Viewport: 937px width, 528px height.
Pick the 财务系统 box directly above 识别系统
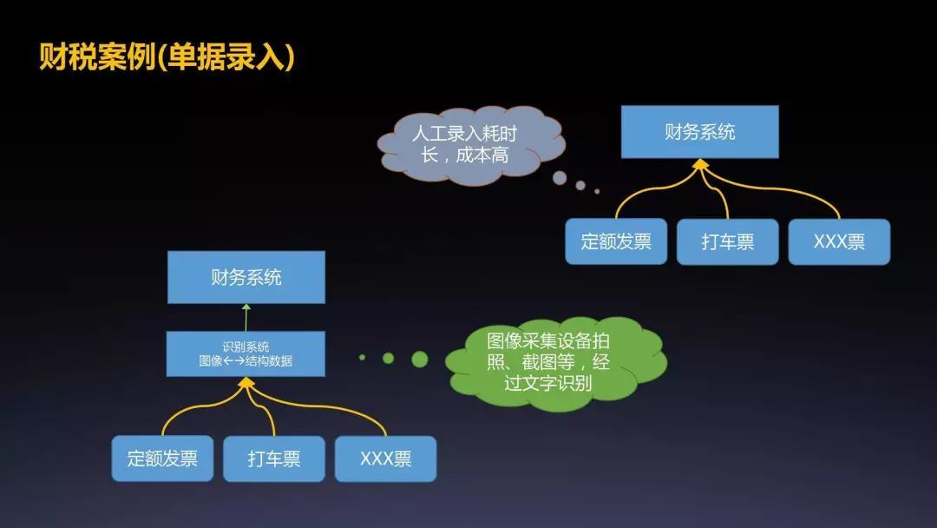pyautogui.click(x=246, y=278)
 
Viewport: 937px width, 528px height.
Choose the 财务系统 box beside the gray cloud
pyautogui.click(x=699, y=132)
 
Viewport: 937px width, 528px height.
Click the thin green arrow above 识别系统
pyautogui.click(x=246, y=317)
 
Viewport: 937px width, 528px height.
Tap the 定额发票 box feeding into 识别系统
pyautogui.click(x=162, y=459)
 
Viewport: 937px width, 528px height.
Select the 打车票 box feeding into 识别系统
pyautogui.click(x=274, y=459)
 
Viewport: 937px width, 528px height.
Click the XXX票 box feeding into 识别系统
pyautogui.click(x=385, y=459)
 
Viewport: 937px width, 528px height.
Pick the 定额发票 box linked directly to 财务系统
pyautogui.click(x=616, y=241)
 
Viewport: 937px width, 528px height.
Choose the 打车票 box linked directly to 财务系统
pyautogui.click(x=727, y=241)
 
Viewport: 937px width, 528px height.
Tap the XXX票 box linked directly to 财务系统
pyautogui.click(x=839, y=241)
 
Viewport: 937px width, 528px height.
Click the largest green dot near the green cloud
pyautogui.click(x=420, y=359)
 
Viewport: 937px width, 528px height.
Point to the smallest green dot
pyautogui.click(x=363, y=357)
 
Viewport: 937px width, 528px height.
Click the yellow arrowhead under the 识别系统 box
pyautogui.click(x=246, y=382)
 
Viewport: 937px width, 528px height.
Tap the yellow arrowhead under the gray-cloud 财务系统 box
pyautogui.click(x=699, y=164)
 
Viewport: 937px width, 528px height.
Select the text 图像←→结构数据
pyautogui.click(x=246, y=361)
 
